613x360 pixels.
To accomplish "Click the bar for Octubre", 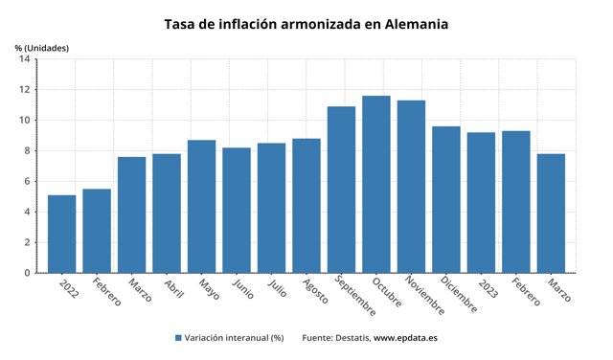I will pos(376,184).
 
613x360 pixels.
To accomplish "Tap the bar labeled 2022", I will pos(62,234).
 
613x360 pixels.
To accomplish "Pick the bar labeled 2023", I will pos(481,202).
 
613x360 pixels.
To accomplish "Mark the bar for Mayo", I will pos(201,206).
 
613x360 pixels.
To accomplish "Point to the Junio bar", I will pos(237,210).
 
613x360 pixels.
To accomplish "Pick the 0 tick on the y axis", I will pos(28,273).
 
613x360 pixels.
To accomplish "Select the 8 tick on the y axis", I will pos(28,150).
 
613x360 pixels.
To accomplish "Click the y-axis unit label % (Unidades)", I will pos(42,47).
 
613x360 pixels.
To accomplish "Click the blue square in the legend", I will pos(178,338).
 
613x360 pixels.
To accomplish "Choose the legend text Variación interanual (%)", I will pos(235,338).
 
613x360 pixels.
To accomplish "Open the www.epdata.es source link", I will pos(405,338).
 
